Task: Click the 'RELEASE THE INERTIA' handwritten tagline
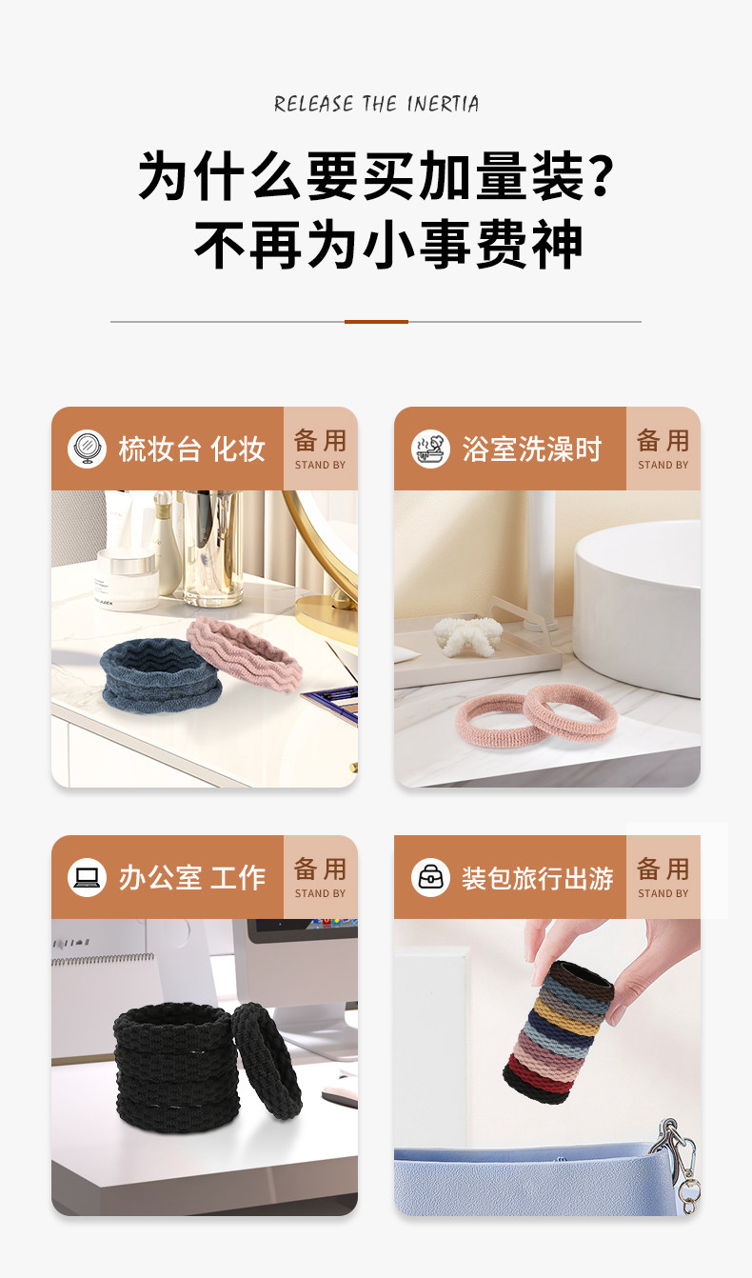376,104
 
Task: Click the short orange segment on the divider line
376,322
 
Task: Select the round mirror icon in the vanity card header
87,449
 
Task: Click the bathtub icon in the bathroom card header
430,449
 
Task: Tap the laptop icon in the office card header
87,877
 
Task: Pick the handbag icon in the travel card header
430,877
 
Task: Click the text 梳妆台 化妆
191,449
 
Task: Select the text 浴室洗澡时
531,449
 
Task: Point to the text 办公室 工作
191,877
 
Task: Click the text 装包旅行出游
537,878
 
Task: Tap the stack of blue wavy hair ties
160,675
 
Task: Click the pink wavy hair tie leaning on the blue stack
244,654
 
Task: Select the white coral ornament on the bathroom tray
468,634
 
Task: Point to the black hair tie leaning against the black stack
267,1060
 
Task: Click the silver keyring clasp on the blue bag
679,1169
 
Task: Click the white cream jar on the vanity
127,579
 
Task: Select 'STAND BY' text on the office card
321,893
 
